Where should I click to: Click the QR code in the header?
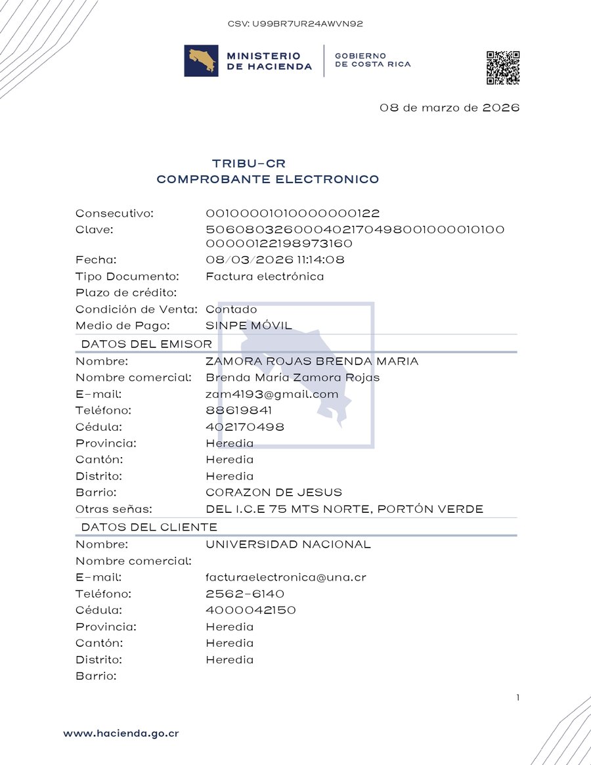click(x=503, y=68)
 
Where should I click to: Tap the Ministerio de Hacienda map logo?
click(x=201, y=61)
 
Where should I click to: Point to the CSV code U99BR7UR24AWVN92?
click(x=295, y=24)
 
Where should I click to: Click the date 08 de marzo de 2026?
click(x=449, y=108)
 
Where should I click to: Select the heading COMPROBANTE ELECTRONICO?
click(x=267, y=179)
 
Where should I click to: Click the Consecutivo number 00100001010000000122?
click(x=293, y=213)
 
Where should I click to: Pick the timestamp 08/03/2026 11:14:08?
click(x=275, y=260)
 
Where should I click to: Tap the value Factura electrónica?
click(x=265, y=276)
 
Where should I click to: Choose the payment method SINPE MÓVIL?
click(x=249, y=326)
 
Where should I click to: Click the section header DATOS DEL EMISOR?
click(x=146, y=344)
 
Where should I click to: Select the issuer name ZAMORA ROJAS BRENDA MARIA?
click(x=312, y=361)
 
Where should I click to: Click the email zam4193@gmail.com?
click(x=272, y=394)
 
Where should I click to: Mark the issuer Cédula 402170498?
click(x=245, y=427)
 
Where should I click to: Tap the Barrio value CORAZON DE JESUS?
click(x=274, y=492)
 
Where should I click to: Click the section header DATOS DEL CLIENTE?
click(x=149, y=527)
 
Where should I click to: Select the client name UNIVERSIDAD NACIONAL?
click(x=288, y=544)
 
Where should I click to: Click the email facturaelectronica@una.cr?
click(x=286, y=578)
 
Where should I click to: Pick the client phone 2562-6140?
click(x=245, y=594)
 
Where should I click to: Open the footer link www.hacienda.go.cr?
click(x=121, y=733)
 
